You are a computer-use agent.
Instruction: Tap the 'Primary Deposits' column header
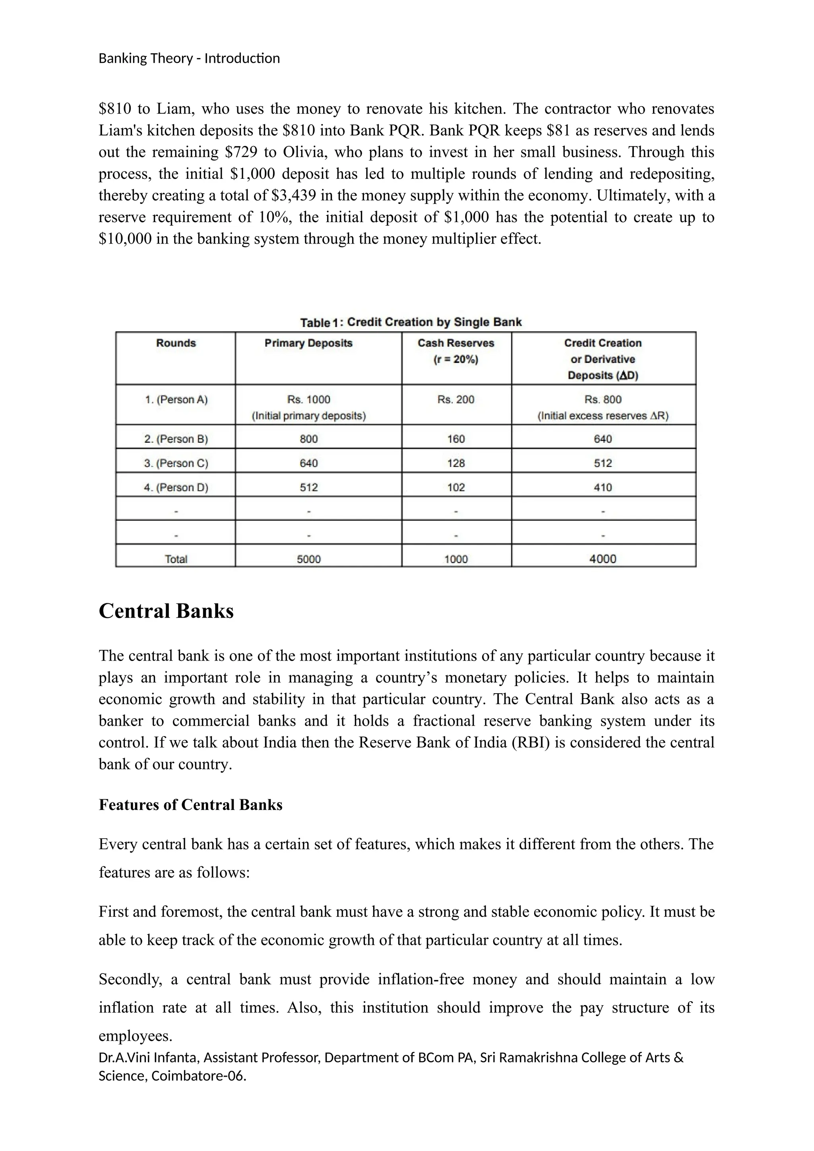click(x=308, y=343)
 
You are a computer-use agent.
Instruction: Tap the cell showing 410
click(x=603, y=487)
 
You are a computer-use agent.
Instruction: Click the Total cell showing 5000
click(x=308, y=558)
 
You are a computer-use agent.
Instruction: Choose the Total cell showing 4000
click(x=603, y=558)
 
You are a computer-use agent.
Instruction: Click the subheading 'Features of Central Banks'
click(x=190, y=804)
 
